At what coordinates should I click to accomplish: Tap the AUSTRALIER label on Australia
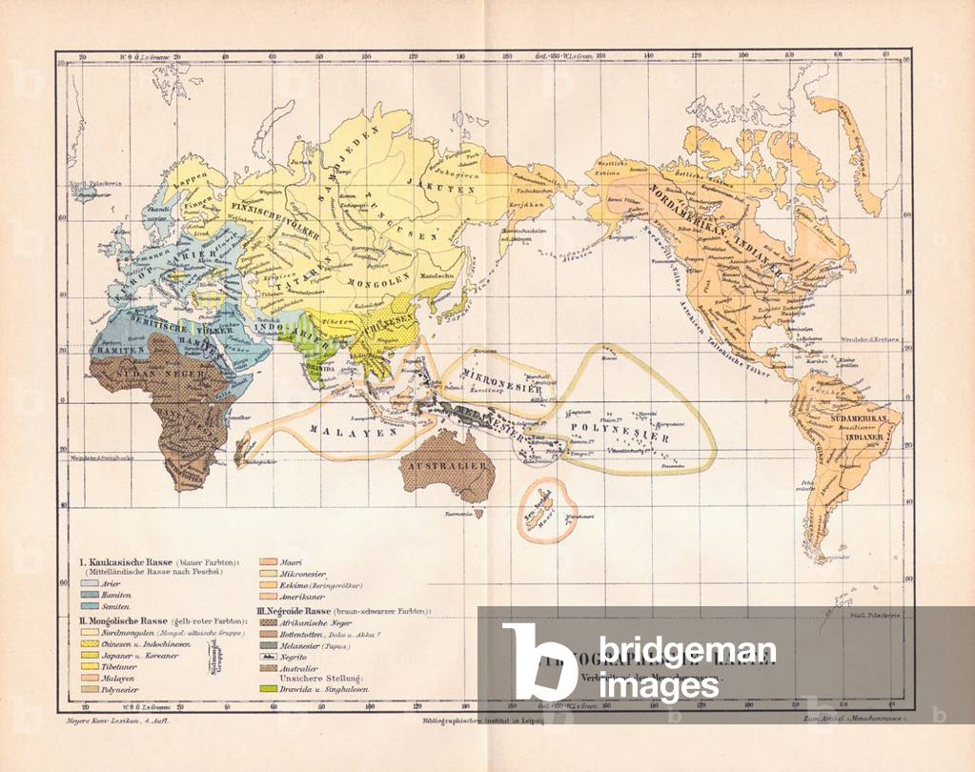(447, 466)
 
